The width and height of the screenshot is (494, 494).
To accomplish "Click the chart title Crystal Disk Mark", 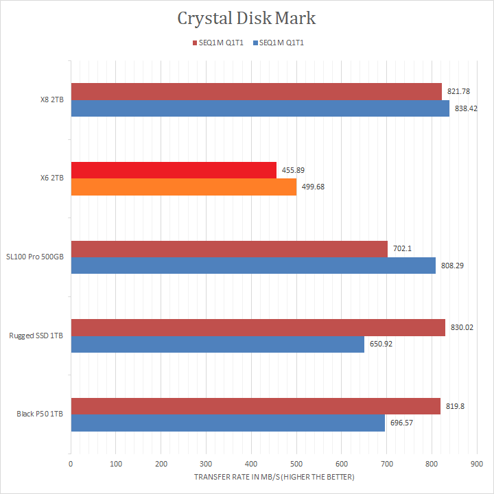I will [246, 19].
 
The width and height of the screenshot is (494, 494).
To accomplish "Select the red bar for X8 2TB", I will [255, 91].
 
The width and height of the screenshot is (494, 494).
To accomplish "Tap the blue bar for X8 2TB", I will [259, 108].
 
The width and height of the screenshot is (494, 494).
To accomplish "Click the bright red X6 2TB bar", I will [173, 170].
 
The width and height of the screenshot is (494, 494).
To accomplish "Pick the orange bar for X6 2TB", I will [183, 187].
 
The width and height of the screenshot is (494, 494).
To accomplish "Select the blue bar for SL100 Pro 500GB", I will [252, 266].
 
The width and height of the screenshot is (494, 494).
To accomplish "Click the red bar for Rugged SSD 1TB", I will [257, 327].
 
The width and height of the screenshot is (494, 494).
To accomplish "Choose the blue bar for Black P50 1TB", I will [227, 423].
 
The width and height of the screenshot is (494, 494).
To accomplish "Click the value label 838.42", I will [467, 108].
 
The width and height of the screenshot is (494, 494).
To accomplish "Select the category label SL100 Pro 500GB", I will [36, 257].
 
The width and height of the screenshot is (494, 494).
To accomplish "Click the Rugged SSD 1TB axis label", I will [36, 336].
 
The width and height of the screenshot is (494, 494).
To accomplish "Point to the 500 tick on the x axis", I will [296, 464].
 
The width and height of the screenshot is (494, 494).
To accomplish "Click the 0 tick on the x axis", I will [71, 464].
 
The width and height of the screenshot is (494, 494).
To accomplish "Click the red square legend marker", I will [193, 43].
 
